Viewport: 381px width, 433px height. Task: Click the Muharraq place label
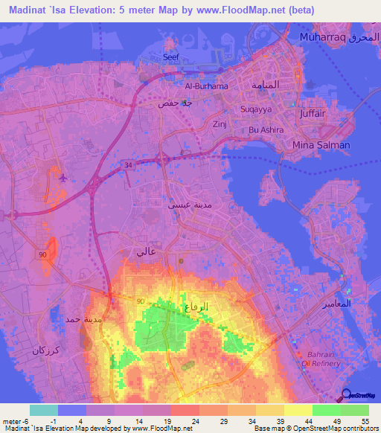323,36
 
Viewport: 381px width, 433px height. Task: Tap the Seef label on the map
171,57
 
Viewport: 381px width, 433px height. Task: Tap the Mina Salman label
321,145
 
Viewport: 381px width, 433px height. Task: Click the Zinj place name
219,124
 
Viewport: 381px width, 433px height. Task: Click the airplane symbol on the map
62,178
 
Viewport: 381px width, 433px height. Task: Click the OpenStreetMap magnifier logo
347,395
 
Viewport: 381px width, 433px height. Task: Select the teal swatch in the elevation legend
43,410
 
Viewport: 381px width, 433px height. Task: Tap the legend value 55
365,421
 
